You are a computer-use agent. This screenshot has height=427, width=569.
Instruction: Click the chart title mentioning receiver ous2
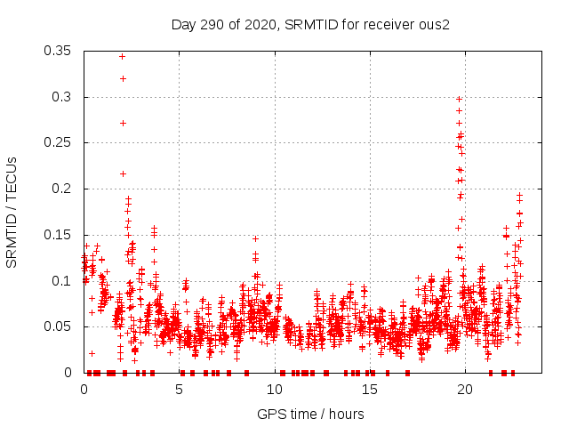[x=310, y=24]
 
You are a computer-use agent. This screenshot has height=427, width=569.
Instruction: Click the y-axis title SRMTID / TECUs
[x=12, y=213]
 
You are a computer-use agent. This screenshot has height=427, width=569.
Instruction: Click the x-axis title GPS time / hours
[x=310, y=414]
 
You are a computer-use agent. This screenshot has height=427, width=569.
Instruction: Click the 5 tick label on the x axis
[x=179, y=390]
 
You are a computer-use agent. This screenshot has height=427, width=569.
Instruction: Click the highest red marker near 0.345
[x=122, y=56]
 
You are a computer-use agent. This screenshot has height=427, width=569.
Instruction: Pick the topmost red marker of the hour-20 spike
[x=459, y=99]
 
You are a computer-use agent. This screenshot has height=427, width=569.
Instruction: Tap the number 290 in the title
[x=211, y=24]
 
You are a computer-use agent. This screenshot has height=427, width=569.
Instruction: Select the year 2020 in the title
[x=256, y=24]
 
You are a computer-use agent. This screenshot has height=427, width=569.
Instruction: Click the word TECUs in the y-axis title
[x=12, y=177]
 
